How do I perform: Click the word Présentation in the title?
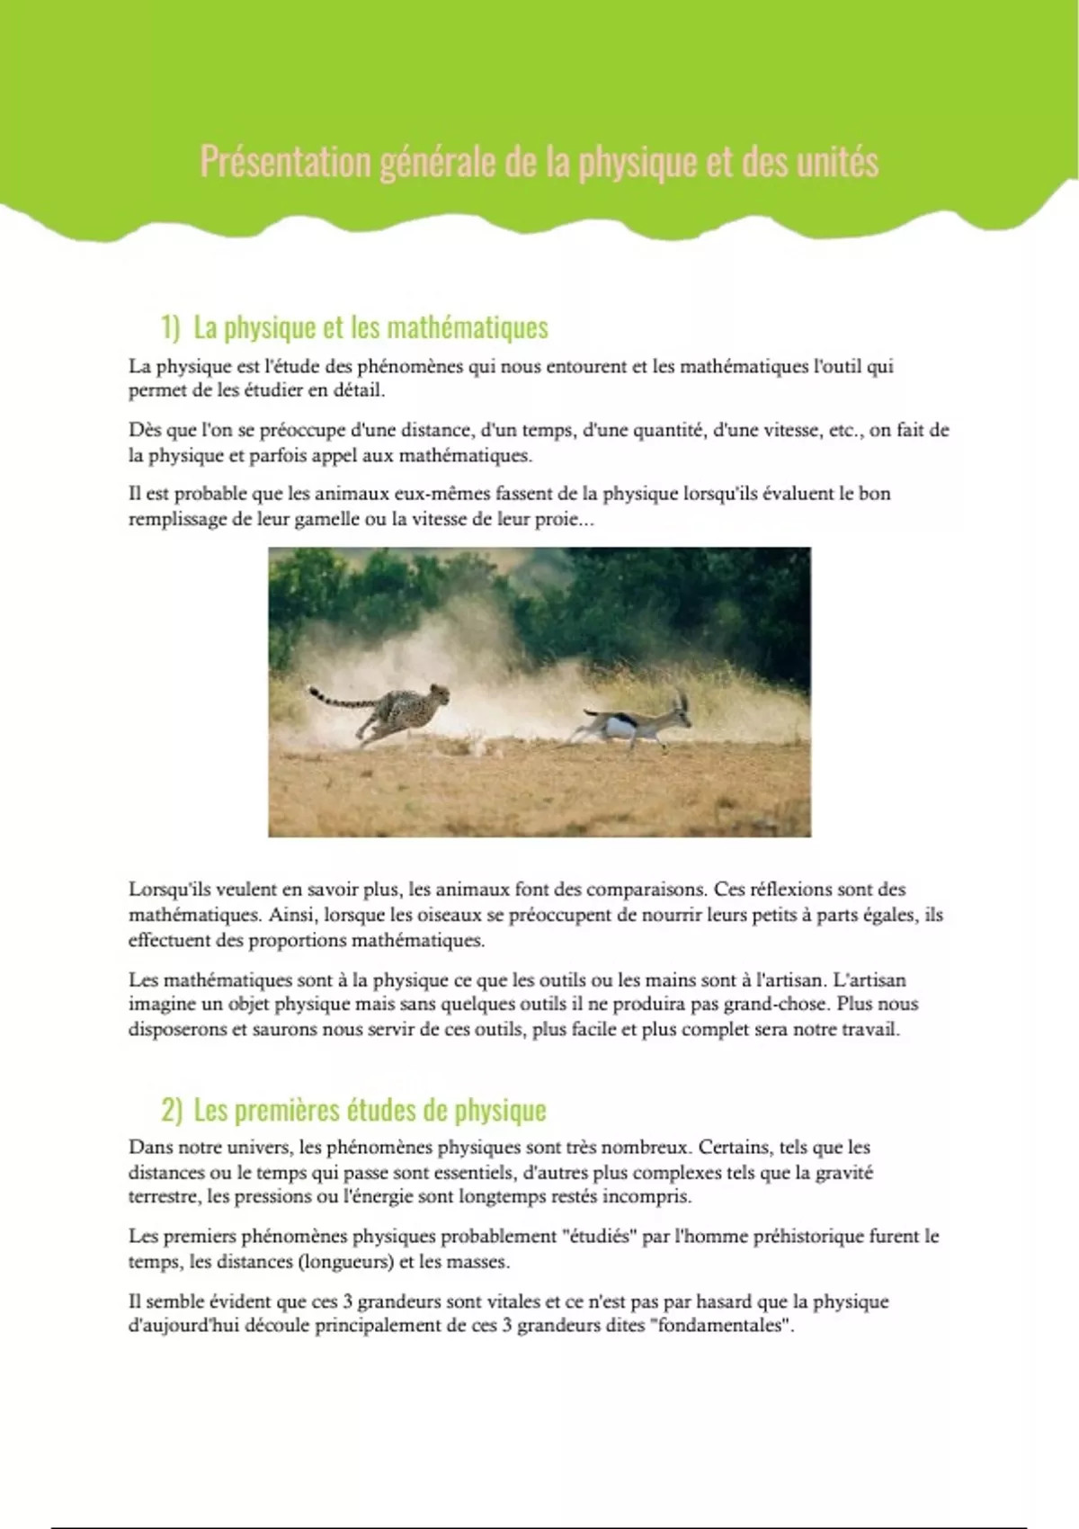pos(285,163)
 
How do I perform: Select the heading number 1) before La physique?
pos(171,327)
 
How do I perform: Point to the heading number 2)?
pos(171,1111)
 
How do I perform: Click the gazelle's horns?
pos(681,699)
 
